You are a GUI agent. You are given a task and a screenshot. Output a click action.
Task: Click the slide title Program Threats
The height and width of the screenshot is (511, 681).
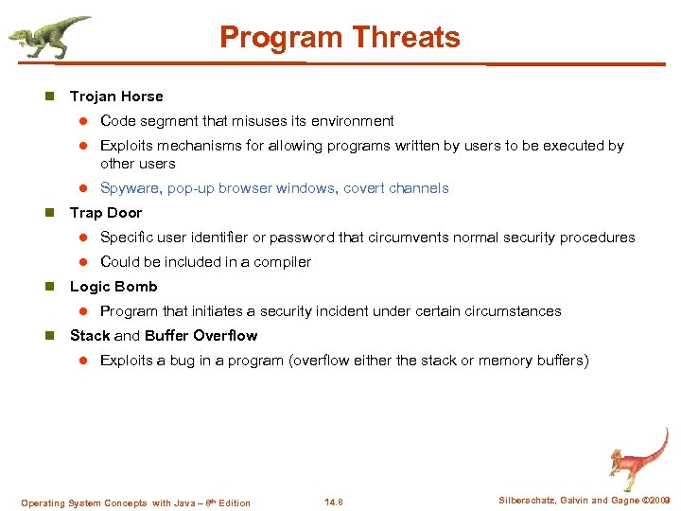[x=340, y=38]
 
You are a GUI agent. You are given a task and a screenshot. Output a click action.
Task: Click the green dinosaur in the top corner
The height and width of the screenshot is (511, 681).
[x=50, y=37]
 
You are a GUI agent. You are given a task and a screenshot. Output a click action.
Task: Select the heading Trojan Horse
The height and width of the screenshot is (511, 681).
[x=116, y=97]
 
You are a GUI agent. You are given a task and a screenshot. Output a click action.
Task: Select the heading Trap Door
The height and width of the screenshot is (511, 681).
[x=106, y=213]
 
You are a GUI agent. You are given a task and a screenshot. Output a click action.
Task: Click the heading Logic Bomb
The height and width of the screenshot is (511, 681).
[x=113, y=287]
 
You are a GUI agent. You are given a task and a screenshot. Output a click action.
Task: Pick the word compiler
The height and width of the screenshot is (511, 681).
[x=281, y=262]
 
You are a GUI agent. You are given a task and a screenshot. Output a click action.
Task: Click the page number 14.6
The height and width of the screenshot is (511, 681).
[x=333, y=502]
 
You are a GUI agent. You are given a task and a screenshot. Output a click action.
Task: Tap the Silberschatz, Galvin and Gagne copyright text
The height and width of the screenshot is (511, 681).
[x=584, y=500]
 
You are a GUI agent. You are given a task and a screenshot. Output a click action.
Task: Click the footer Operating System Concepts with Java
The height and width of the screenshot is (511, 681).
[x=135, y=502]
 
